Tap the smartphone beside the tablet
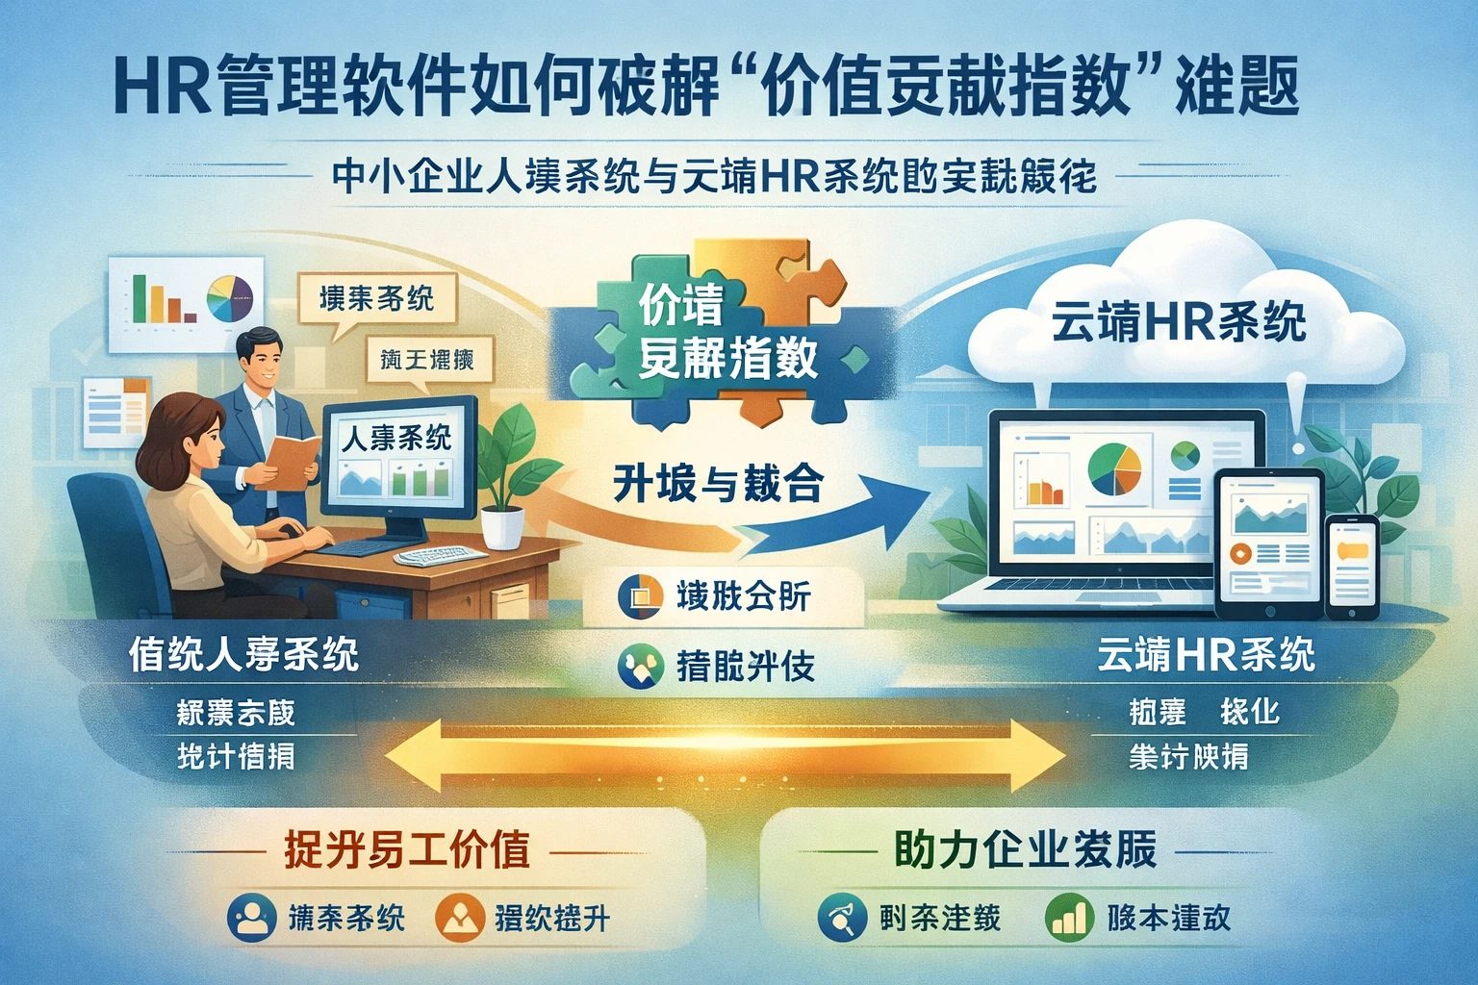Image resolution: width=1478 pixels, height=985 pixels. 1352,568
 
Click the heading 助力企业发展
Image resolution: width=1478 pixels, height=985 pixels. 1026,849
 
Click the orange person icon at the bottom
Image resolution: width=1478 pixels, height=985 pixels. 459,918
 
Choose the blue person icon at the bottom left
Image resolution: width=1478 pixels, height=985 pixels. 252,918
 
